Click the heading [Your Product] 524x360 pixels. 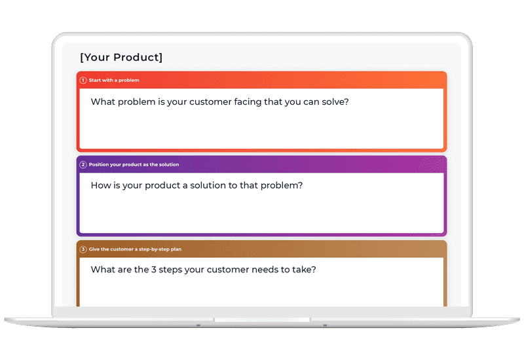(x=121, y=58)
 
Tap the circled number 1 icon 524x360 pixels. (x=83, y=80)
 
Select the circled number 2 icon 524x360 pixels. (x=83, y=165)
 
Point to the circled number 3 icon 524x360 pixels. (x=83, y=249)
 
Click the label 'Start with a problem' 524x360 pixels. (x=114, y=80)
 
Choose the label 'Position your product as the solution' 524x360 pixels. (x=134, y=165)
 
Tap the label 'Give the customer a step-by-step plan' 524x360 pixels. (x=135, y=249)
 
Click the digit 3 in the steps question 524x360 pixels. (x=154, y=270)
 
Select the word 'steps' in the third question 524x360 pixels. (x=170, y=270)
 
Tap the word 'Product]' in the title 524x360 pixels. (x=138, y=58)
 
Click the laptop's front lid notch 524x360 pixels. (x=262, y=319)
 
